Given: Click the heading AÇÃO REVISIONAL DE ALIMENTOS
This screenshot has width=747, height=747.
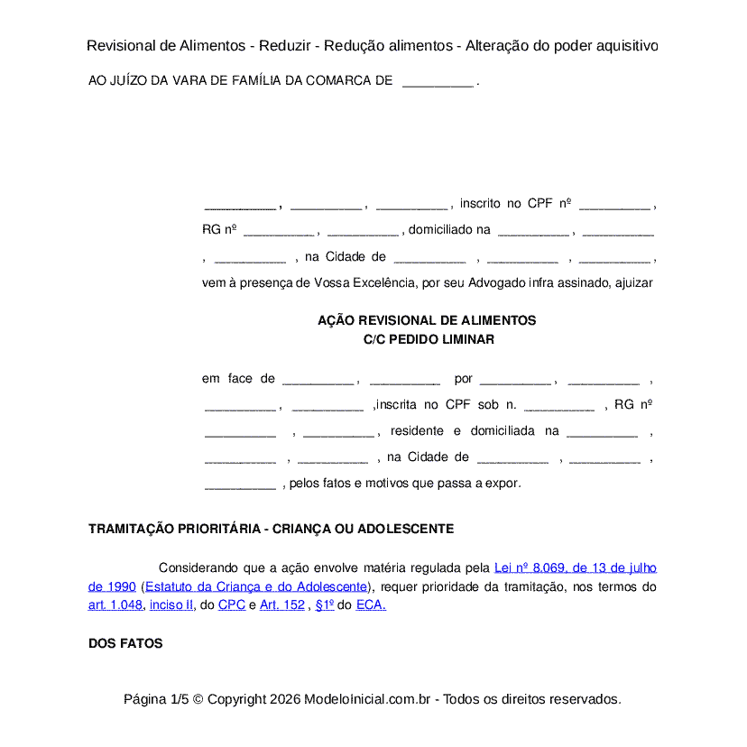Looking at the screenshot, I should tap(427, 320).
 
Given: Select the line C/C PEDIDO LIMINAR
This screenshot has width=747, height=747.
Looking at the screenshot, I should tap(427, 339).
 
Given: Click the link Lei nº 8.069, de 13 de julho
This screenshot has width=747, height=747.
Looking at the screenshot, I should tap(576, 567).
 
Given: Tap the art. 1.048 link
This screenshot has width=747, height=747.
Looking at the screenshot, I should tap(115, 605).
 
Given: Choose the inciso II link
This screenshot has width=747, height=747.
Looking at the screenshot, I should tap(171, 605).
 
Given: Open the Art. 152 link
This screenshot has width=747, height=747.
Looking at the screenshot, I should tap(282, 605).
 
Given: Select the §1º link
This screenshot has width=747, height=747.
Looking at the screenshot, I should tap(325, 605).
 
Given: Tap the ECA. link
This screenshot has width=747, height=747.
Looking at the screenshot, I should tap(371, 605).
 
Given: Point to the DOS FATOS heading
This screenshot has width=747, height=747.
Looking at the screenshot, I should tap(125, 643).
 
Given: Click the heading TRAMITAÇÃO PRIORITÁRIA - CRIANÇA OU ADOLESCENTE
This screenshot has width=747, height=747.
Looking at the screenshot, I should tap(271, 529).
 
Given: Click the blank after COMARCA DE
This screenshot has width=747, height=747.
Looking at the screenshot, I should tap(438, 80).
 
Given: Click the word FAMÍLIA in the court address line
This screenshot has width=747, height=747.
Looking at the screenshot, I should tap(255, 80).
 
